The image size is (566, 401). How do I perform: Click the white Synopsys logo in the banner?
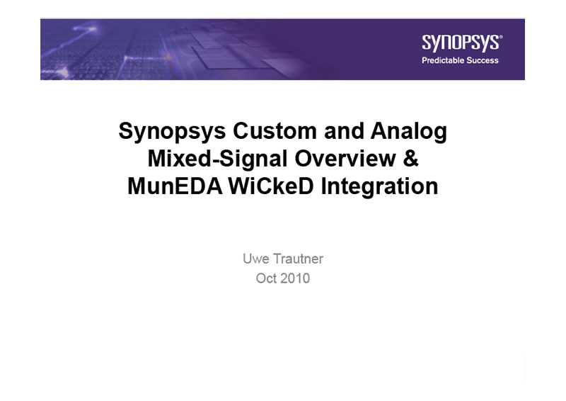pyautogui.click(x=461, y=43)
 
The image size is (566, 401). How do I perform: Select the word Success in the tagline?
pyautogui.click(x=482, y=60)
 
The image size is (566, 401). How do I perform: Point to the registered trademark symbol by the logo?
pyautogui.click(x=501, y=36)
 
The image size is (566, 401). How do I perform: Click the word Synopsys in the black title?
pyautogui.click(x=172, y=131)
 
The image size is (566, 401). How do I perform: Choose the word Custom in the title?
pyautogui.click(x=275, y=130)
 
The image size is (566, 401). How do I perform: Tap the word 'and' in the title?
pyautogui.click(x=344, y=130)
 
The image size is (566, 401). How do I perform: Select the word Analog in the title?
pyautogui.click(x=409, y=131)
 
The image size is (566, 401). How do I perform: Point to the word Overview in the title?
pyautogui.click(x=345, y=159)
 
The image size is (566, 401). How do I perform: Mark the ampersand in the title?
pyautogui.click(x=411, y=159)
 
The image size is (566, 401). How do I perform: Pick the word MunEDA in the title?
pyautogui.click(x=175, y=186)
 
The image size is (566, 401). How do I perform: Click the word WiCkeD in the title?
pyautogui.click(x=271, y=186)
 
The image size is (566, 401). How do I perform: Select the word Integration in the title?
pyautogui.click(x=379, y=187)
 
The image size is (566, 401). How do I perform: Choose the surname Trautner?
pyautogui.click(x=298, y=259)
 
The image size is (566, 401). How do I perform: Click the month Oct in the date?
pyautogui.click(x=267, y=278)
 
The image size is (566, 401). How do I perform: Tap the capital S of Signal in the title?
pyautogui.click(x=225, y=159)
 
